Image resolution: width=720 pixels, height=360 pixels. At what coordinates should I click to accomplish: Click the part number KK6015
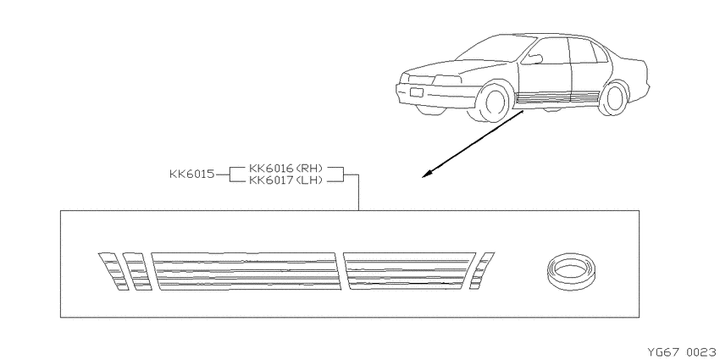192,174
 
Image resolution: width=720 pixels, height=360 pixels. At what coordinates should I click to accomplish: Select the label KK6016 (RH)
285,168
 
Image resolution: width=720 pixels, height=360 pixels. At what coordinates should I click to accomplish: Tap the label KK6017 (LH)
285,180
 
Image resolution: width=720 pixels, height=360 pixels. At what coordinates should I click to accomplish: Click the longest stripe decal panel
246,271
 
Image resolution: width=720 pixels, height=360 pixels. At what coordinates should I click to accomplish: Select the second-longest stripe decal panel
410,271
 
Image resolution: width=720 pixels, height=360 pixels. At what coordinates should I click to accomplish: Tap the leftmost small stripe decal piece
114,271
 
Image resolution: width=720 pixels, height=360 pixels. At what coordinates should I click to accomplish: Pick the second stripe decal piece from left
138,271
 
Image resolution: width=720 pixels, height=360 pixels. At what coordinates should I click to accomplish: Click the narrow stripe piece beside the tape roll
482,271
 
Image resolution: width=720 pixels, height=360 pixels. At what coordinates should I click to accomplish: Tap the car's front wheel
495,102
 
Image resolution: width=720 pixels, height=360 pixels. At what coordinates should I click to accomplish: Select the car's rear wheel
614,99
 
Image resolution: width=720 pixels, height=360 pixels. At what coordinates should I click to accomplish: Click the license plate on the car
417,91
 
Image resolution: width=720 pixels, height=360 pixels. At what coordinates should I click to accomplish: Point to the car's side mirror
533,59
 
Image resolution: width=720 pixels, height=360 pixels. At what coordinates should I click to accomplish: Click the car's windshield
496,48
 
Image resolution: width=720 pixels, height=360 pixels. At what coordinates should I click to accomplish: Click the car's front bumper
436,96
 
